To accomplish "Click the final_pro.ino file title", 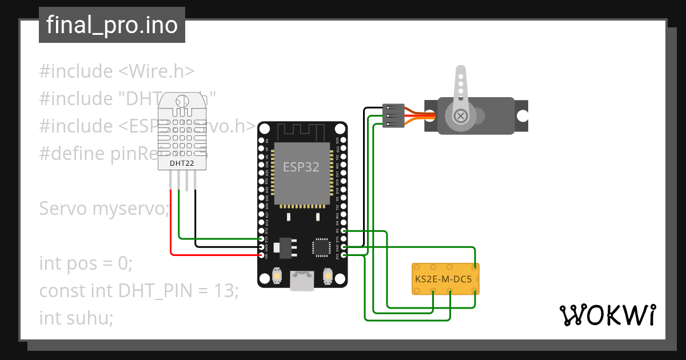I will click(x=111, y=25).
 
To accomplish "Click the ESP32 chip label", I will click(x=301, y=167).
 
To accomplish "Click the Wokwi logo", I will click(x=607, y=315).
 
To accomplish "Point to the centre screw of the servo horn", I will click(x=460, y=116).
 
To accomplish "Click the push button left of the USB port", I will click(x=277, y=276).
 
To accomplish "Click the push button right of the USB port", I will click(x=328, y=276).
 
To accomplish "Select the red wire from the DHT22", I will click(x=171, y=229).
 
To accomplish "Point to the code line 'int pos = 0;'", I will click(x=86, y=263).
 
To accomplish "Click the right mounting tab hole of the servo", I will click(x=523, y=115).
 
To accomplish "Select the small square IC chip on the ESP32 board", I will click(x=320, y=247).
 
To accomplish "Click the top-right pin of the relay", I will click(x=474, y=267).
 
